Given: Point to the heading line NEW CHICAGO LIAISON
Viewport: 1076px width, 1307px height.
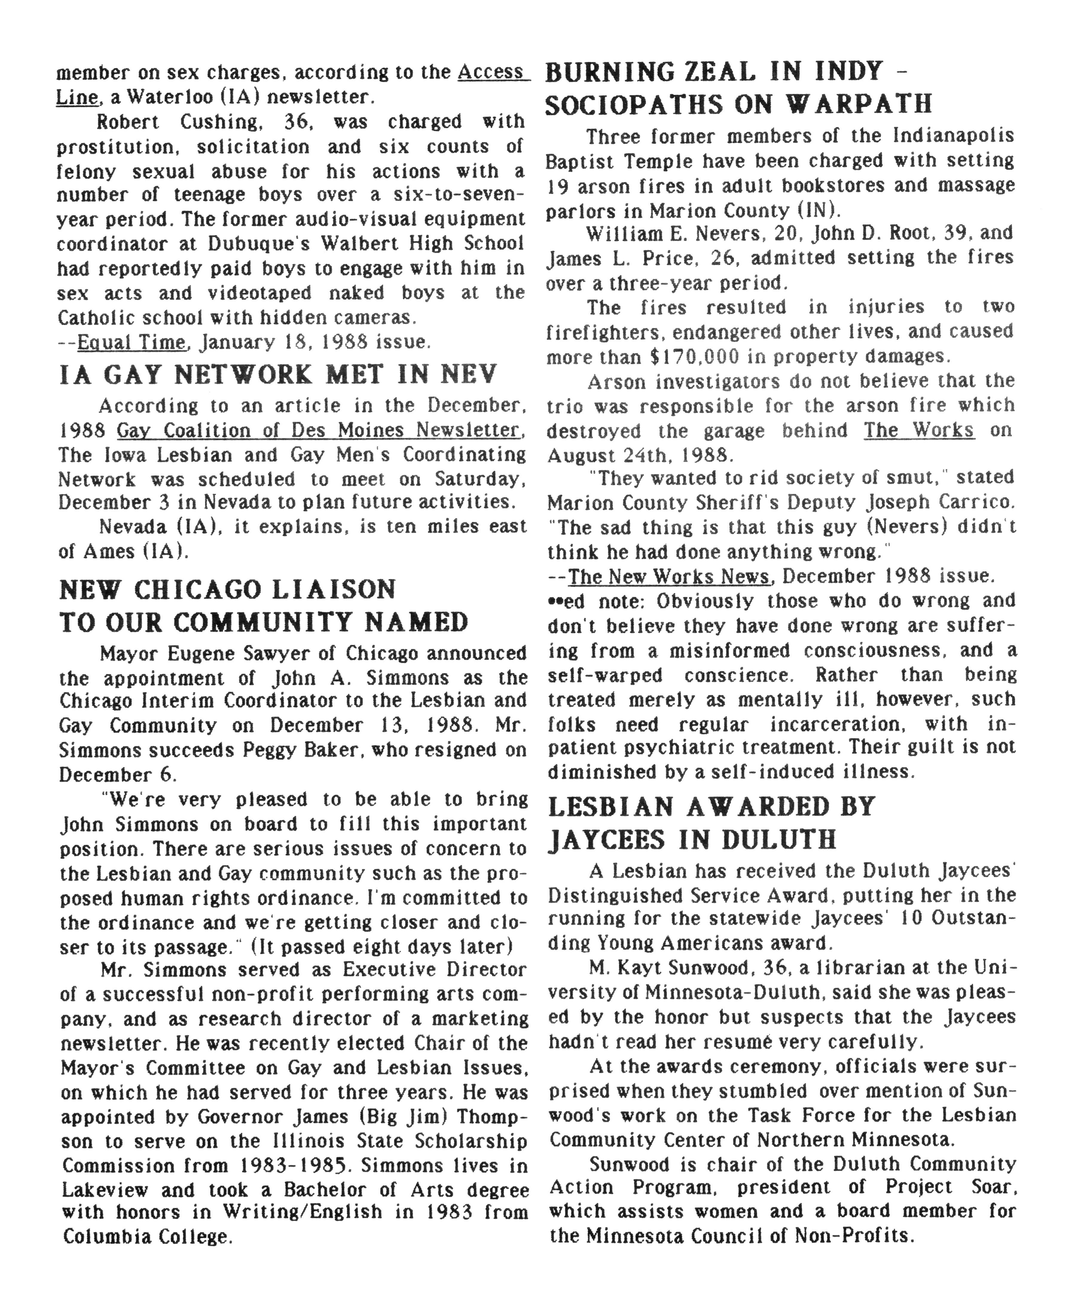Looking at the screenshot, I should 228,589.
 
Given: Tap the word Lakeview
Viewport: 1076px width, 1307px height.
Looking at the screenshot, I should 105,1190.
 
